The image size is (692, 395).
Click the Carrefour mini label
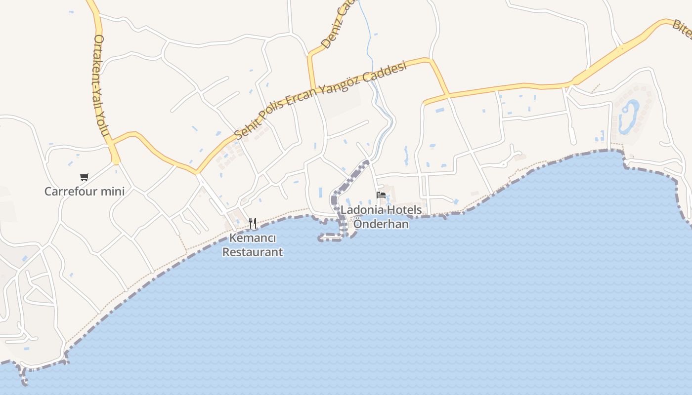click(x=84, y=192)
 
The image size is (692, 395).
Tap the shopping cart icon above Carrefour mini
click(x=84, y=177)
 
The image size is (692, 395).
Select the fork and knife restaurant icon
click(x=253, y=223)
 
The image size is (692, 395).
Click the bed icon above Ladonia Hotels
click(x=381, y=195)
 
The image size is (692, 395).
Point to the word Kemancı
click(x=253, y=238)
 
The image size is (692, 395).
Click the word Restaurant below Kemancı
click(x=253, y=252)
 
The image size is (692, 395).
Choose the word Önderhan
click(x=381, y=224)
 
